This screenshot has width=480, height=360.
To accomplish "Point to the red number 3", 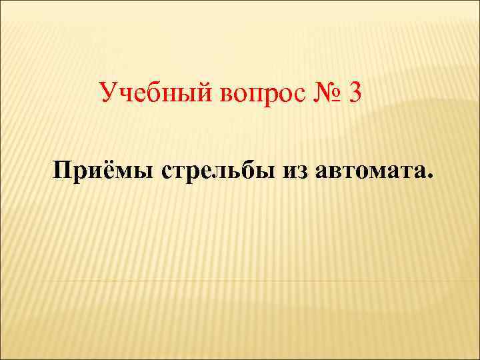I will [x=354, y=93].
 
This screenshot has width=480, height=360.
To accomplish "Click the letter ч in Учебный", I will [x=125, y=95].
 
